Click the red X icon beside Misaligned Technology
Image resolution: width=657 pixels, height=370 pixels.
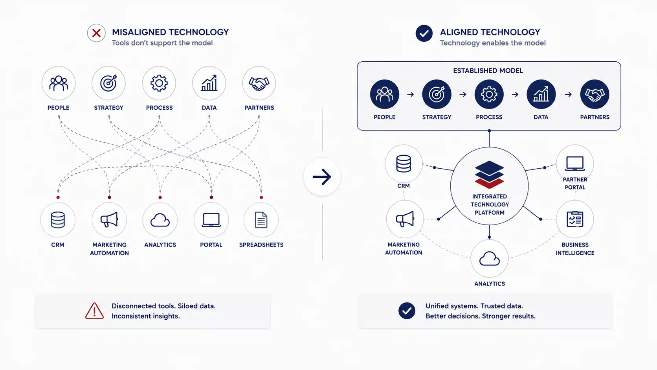(96, 33)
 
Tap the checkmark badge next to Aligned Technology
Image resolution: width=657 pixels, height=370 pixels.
(424, 33)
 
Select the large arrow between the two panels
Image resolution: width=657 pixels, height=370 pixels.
(322, 177)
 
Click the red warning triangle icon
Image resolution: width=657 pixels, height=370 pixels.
(94, 311)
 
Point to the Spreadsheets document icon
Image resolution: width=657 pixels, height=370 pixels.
(261, 220)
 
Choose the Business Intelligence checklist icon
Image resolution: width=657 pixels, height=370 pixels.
(575, 219)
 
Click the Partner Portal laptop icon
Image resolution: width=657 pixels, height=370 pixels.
(575, 164)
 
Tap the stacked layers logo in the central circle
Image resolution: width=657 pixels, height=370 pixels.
(489, 175)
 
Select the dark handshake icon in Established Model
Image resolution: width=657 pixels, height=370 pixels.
(595, 94)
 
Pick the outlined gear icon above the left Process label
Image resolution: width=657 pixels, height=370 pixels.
(159, 83)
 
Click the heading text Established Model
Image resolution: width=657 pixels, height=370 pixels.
(488, 71)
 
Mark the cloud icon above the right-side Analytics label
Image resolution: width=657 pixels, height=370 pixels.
(489, 258)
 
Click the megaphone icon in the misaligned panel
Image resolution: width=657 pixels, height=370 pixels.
(109, 219)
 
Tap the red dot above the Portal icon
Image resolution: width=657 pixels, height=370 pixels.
(211, 197)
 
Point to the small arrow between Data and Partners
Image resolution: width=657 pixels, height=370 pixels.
(568, 94)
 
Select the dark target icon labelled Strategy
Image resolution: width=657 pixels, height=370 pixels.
(437, 94)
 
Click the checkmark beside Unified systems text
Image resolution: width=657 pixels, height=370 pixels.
(407, 311)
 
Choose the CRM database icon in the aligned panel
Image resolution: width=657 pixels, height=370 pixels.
(403, 164)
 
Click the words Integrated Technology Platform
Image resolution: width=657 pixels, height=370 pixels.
(490, 204)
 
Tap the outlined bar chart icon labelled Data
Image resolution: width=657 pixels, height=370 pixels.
(209, 83)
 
